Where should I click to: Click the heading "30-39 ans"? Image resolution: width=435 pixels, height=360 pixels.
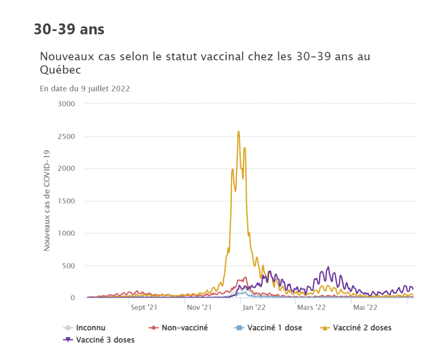click(69, 30)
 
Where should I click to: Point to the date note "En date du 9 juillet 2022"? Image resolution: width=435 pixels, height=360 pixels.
click(85, 89)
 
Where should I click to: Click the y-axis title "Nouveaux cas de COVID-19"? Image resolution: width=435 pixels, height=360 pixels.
click(47, 201)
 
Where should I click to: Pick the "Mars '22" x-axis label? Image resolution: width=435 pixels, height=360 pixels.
click(311, 307)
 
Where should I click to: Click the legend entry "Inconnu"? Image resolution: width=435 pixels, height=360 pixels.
click(90, 328)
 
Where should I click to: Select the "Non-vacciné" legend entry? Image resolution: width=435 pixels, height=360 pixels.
click(184, 328)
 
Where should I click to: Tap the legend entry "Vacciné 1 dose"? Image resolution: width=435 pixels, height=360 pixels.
click(274, 328)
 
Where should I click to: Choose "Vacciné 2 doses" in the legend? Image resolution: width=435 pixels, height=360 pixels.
click(362, 328)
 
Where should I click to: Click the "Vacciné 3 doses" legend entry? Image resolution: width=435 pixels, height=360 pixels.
click(105, 340)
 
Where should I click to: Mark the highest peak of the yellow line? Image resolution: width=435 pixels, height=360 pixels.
click(239, 131)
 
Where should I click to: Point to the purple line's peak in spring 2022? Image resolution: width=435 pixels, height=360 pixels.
click(328, 267)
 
